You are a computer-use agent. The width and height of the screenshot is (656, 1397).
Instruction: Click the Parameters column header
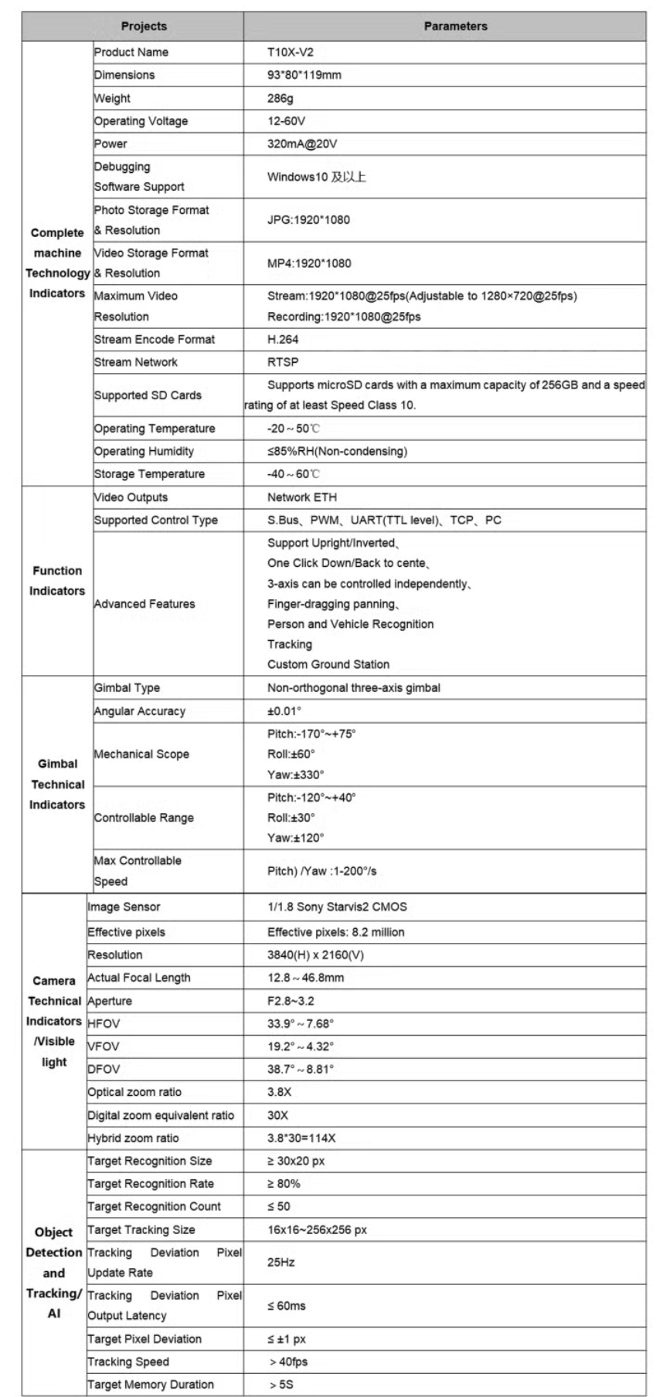pos(455,26)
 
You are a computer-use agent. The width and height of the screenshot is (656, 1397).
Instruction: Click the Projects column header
pos(144,26)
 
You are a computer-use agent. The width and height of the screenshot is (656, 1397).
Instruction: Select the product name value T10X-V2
pos(290,53)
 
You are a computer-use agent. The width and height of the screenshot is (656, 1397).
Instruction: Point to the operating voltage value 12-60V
pos(286,121)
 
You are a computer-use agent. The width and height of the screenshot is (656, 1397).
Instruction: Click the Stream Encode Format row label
pos(155,339)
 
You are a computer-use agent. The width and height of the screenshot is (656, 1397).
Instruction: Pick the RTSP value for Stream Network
pos(283,362)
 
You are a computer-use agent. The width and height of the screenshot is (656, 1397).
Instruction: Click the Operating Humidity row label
pos(144,451)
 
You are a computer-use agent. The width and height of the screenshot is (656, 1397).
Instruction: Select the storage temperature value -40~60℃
pos(293,474)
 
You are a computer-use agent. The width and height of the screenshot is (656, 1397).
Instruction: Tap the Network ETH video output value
pos(302,497)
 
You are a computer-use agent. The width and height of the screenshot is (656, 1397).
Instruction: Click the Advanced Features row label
pos(144,604)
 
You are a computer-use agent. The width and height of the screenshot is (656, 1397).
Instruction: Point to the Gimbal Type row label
pos(127,688)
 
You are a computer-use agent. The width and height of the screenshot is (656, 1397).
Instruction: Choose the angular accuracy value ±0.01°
pos(284,711)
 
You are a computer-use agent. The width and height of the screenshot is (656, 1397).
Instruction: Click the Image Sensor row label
pos(124,907)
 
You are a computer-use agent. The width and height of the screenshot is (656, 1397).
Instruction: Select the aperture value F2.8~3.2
pos(291,1001)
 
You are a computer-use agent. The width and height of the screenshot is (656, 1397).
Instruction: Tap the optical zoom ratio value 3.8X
pos(279,1092)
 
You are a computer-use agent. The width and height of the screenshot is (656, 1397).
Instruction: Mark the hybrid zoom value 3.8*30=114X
pos(301,1138)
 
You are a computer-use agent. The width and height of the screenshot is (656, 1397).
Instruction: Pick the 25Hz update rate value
pos(281,1263)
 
